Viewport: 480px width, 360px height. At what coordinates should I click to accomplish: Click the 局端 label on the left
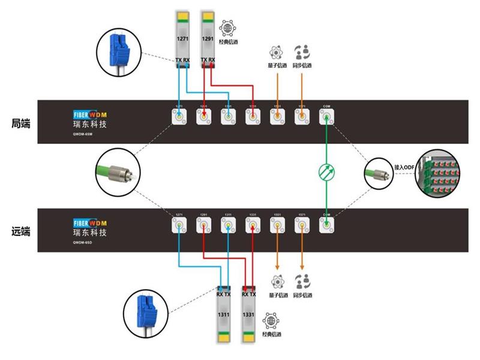pyautogui.click(x=20, y=123)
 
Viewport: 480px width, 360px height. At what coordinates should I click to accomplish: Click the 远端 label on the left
pyautogui.click(x=20, y=230)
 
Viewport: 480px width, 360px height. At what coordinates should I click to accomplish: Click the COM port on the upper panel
pyautogui.click(x=326, y=118)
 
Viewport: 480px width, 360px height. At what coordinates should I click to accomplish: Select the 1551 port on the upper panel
pyautogui.click(x=277, y=118)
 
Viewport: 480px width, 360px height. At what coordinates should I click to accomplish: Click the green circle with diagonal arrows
pyautogui.click(x=326, y=172)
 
